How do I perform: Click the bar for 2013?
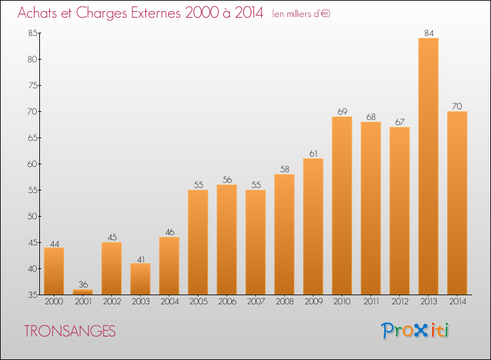point(428,166)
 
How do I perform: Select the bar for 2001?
point(82,292)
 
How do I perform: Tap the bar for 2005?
point(198,242)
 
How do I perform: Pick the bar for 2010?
point(342,206)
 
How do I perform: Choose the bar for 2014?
point(457,203)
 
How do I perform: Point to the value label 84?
point(428,33)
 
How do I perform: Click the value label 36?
point(82,284)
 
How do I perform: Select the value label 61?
point(313,153)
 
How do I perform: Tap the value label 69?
point(342,111)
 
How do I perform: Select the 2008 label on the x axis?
point(284,302)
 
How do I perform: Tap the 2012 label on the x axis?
point(399,302)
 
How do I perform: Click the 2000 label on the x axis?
point(54,302)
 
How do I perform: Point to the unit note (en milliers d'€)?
point(301,14)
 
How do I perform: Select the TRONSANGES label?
point(69,332)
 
